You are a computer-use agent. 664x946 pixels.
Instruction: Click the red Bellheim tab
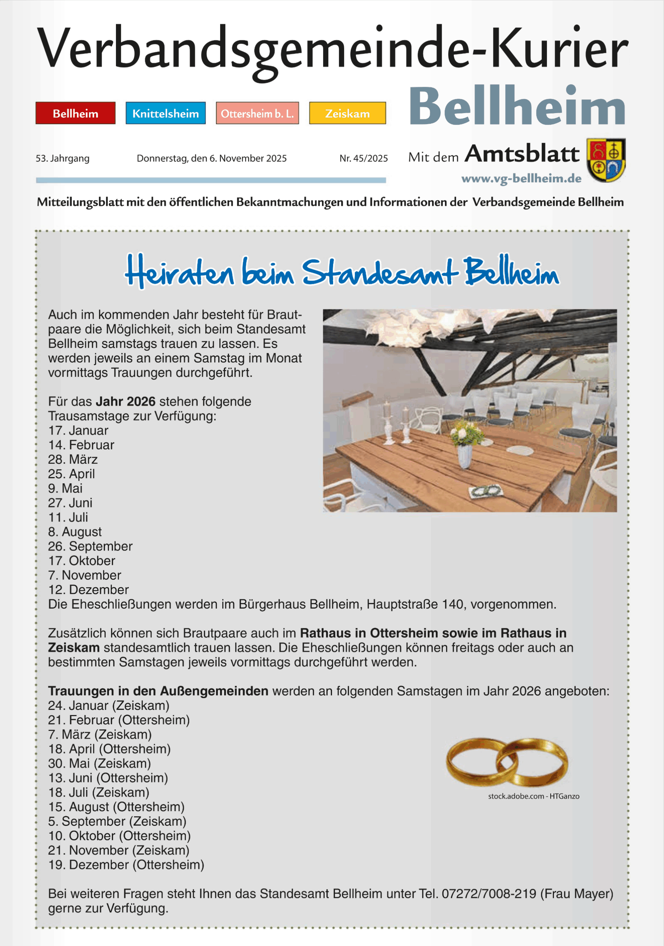(x=75, y=113)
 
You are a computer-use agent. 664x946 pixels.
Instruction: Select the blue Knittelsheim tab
(x=165, y=113)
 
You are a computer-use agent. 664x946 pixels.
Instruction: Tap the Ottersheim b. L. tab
(x=257, y=113)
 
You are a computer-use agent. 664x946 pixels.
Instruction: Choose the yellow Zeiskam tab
(x=348, y=113)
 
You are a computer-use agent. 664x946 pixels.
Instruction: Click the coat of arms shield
(x=606, y=160)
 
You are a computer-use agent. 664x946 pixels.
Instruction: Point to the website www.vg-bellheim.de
(x=521, y=178)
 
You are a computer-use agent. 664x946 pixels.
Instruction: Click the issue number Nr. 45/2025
(x=363, y=158)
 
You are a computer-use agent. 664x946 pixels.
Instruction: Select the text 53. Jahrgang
(x=62, y=158)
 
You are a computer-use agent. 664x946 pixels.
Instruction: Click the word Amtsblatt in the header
(x=522, y=154)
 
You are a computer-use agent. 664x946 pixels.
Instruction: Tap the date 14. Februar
(x=81, y=445)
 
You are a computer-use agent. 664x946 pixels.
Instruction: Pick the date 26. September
(x=90, y=546)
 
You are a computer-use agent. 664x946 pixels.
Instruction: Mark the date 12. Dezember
(x=88, y=590)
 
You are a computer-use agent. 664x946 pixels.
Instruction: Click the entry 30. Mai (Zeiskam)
(x=99, y=763)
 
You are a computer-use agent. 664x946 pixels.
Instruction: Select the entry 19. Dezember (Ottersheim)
(x=126, y=865)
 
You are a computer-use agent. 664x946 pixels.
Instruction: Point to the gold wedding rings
(x=507, y=762)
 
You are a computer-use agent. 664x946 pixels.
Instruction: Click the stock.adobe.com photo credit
(x=534, y=796)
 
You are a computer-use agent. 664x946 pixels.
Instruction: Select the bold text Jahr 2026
(x=126, y=402)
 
